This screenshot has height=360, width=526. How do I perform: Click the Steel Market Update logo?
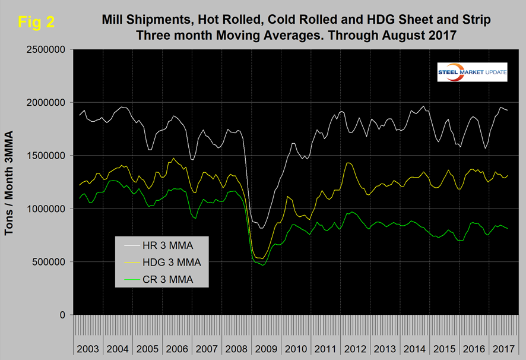(472, 71)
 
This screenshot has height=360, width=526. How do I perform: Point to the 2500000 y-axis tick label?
(44, 50)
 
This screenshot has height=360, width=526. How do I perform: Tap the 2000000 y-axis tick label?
(44, 103)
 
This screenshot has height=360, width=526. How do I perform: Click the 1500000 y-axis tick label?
(44, 156)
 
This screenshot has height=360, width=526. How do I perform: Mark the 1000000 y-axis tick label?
(44, 209)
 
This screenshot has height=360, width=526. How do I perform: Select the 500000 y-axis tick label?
(47, 262)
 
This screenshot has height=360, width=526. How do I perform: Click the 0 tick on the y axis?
(62, 315)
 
